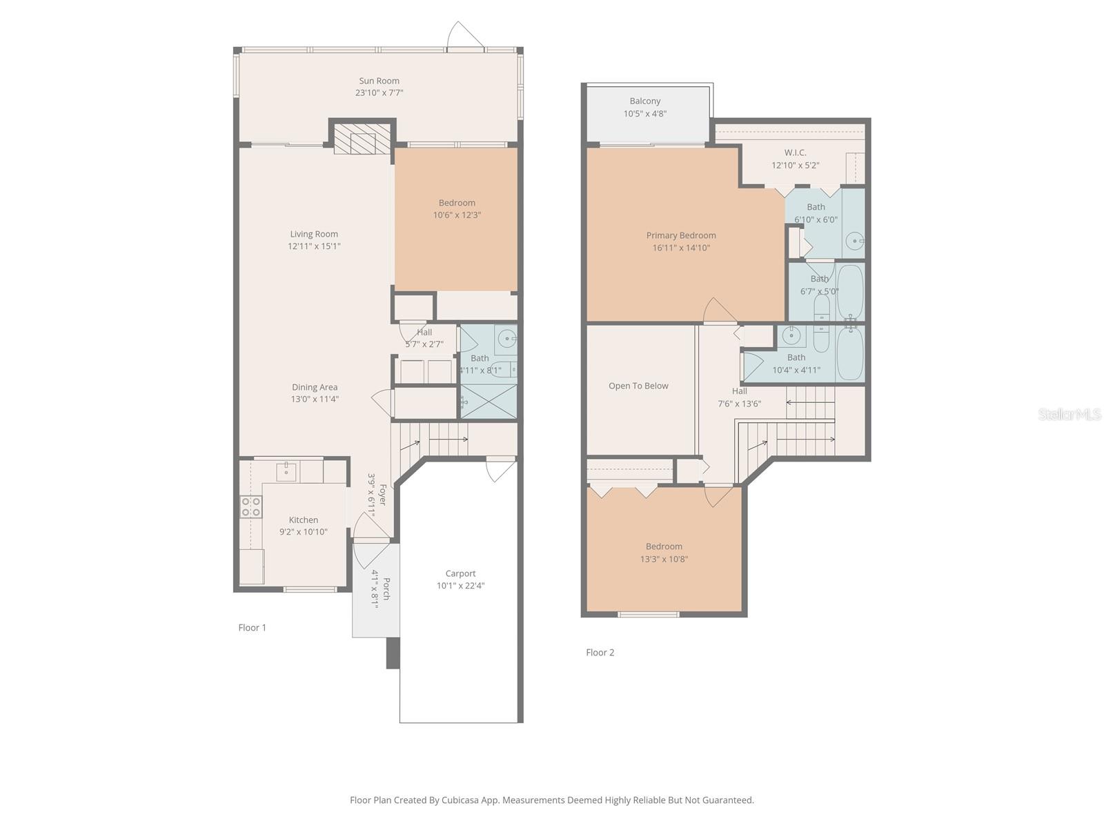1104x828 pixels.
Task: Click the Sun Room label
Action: click(x=379, y=81)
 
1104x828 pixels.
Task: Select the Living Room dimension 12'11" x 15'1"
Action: click(x=314, y=246)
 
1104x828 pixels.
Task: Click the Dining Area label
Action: click(x=315, y=387)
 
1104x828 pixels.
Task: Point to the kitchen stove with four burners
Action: click(x=250, y=507)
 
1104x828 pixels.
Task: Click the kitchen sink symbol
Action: click(x=286, y=471)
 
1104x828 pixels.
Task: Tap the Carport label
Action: click(x=460, y=573)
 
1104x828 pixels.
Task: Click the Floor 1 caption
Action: click(x=252, y=627)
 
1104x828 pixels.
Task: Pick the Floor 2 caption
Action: click(x=600, y=652)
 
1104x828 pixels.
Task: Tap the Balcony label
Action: click(x=645, y=101)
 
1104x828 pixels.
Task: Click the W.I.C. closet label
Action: click(x=795, y=152)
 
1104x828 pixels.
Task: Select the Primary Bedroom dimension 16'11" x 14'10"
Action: click(x=681, y=248)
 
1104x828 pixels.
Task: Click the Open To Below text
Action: click(x=638, y=386)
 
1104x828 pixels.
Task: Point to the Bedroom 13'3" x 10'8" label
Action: click(x=664, y=546)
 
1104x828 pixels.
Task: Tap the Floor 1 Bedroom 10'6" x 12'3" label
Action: click(x=457, y=203)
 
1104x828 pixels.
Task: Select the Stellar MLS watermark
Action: click(x=1069, y=414)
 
